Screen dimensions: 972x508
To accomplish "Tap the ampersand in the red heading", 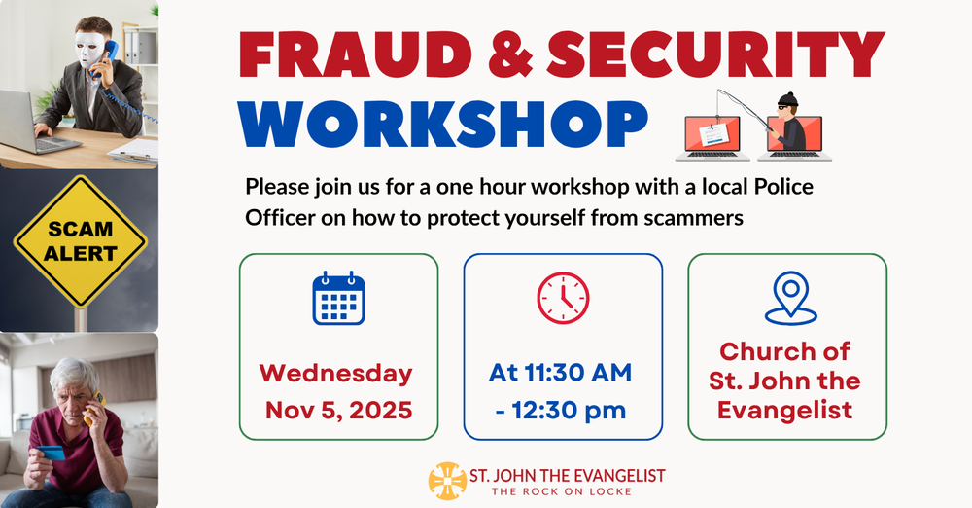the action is [510, 54].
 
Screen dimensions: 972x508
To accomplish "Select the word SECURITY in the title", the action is [716, 54].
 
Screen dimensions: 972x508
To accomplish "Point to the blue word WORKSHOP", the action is [443, 124].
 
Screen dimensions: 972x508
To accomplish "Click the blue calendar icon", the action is [338, 298].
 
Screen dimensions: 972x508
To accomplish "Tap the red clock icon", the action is [563, 298].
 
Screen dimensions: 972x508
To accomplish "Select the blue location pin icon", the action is [791, 298].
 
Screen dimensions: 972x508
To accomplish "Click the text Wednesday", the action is [336, 374].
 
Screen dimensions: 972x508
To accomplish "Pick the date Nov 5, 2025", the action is [339, 411].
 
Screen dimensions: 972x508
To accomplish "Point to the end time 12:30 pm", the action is [569, 411].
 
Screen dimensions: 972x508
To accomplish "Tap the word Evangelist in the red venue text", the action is [784, 411].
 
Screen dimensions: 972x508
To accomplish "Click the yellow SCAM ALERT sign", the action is [80, 241].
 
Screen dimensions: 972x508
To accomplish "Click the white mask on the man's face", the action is [89, 49].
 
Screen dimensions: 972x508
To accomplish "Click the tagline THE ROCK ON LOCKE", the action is [562, 491].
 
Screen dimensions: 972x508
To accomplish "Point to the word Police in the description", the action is [783, 186].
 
